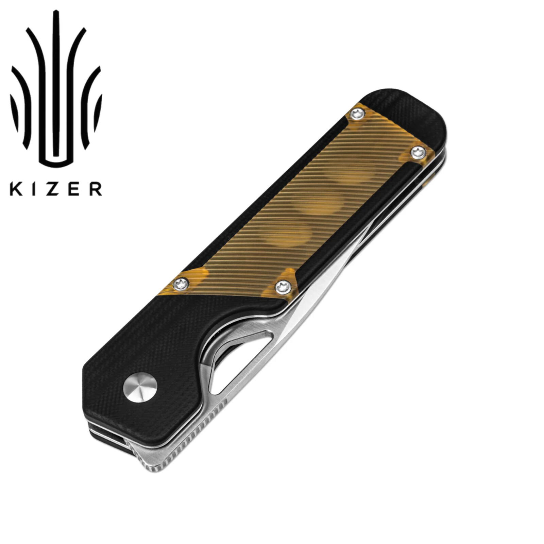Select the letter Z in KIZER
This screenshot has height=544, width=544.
(x=54, y=189)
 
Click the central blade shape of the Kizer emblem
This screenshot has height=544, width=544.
(x=56, y=92)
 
